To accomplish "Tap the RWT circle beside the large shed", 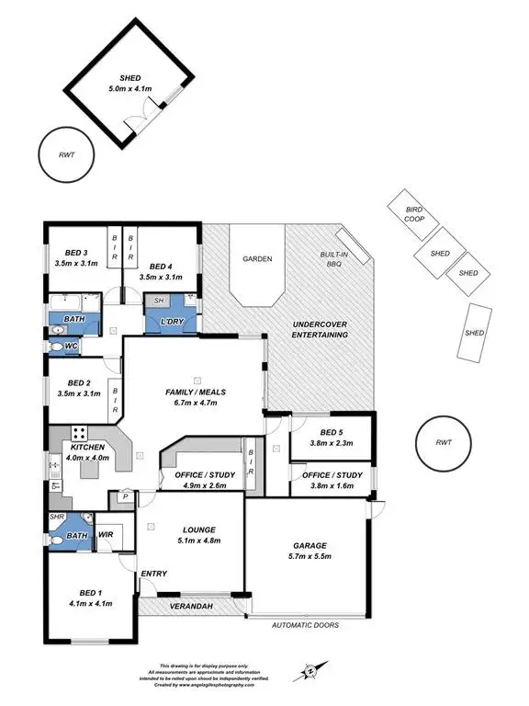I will tap(61, 155).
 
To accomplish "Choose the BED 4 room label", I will tap(162, 267).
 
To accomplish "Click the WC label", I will tap(71, 346).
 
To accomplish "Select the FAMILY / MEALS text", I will tap(197, 392).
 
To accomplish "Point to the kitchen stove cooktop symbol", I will tap(79, 433).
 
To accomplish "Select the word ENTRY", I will tap(152, 575).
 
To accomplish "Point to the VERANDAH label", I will tap(191, 607).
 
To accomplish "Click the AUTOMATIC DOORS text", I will tap(306, 625).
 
